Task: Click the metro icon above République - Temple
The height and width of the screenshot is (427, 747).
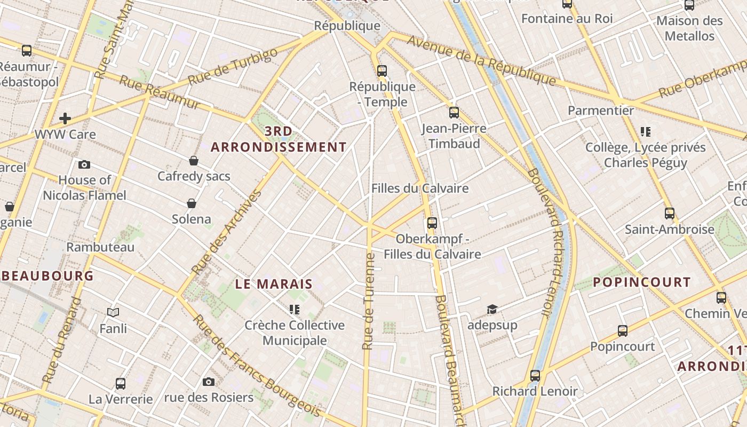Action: (382, 70)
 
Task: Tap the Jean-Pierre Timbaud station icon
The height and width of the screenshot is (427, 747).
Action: (454, 113)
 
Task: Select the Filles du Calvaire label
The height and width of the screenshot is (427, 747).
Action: (420, 188)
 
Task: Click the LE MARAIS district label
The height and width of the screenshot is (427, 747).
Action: (274, 284)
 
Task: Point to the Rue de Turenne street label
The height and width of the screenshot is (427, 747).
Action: (368, 302)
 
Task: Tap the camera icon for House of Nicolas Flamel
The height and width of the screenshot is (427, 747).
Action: (84, 164)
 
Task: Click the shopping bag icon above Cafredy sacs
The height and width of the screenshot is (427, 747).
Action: (194, 161)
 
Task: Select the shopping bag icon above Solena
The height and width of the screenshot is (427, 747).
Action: (192, 203)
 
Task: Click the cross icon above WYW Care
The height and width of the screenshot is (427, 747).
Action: (65, 118)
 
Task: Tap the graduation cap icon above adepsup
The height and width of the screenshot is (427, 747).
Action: (492, 310)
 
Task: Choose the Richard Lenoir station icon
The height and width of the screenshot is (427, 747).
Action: (535, 376)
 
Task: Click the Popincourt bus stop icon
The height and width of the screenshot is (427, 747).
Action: (622, 331)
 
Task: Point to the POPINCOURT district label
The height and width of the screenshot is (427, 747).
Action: (642, 282)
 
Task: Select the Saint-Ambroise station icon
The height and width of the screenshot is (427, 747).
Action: (670, 213)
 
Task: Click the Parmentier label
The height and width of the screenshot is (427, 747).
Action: (601, 110)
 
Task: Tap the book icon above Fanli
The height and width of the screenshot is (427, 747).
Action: (113, 312)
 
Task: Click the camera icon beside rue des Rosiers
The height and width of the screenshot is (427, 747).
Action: (209, 382)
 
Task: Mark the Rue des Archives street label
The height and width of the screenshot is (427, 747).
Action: (227, 232)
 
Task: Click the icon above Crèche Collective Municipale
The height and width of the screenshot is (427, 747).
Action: (294, 310)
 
